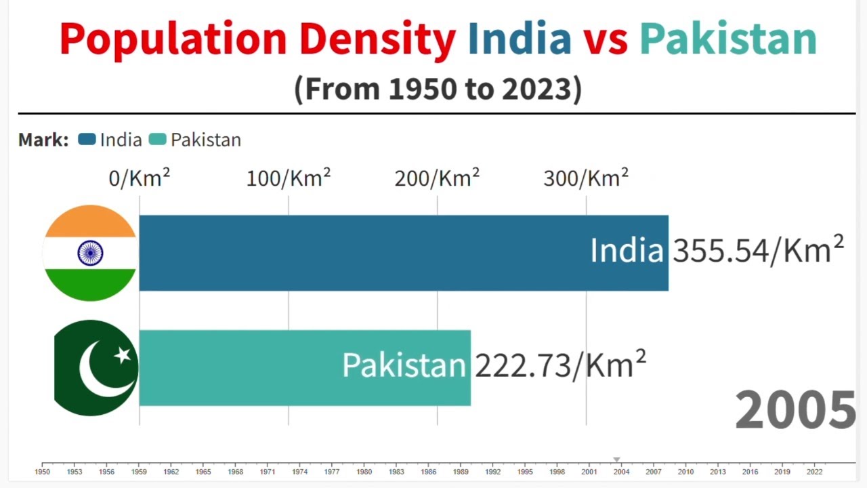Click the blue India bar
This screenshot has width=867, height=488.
pos(366,253)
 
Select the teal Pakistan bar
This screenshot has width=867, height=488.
pos(271,368)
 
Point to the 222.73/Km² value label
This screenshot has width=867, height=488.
pos(560,366)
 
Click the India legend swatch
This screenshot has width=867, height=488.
pos(87,140)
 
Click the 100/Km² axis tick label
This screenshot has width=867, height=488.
pos(288,178)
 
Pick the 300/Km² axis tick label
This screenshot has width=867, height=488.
pos(586,178)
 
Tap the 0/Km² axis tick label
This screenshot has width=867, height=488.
pos(139,178)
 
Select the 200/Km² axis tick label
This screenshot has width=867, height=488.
pos(437,178)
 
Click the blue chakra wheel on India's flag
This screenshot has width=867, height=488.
pos(90,253)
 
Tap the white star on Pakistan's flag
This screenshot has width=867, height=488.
pos(122,354)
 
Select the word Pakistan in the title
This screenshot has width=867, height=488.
pos(728,39)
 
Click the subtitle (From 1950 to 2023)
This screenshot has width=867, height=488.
pos(438,89)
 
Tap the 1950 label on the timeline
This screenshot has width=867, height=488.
pos(42,472)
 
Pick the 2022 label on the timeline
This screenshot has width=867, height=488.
pos(814,472)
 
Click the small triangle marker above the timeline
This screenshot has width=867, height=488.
pos(616,460)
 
